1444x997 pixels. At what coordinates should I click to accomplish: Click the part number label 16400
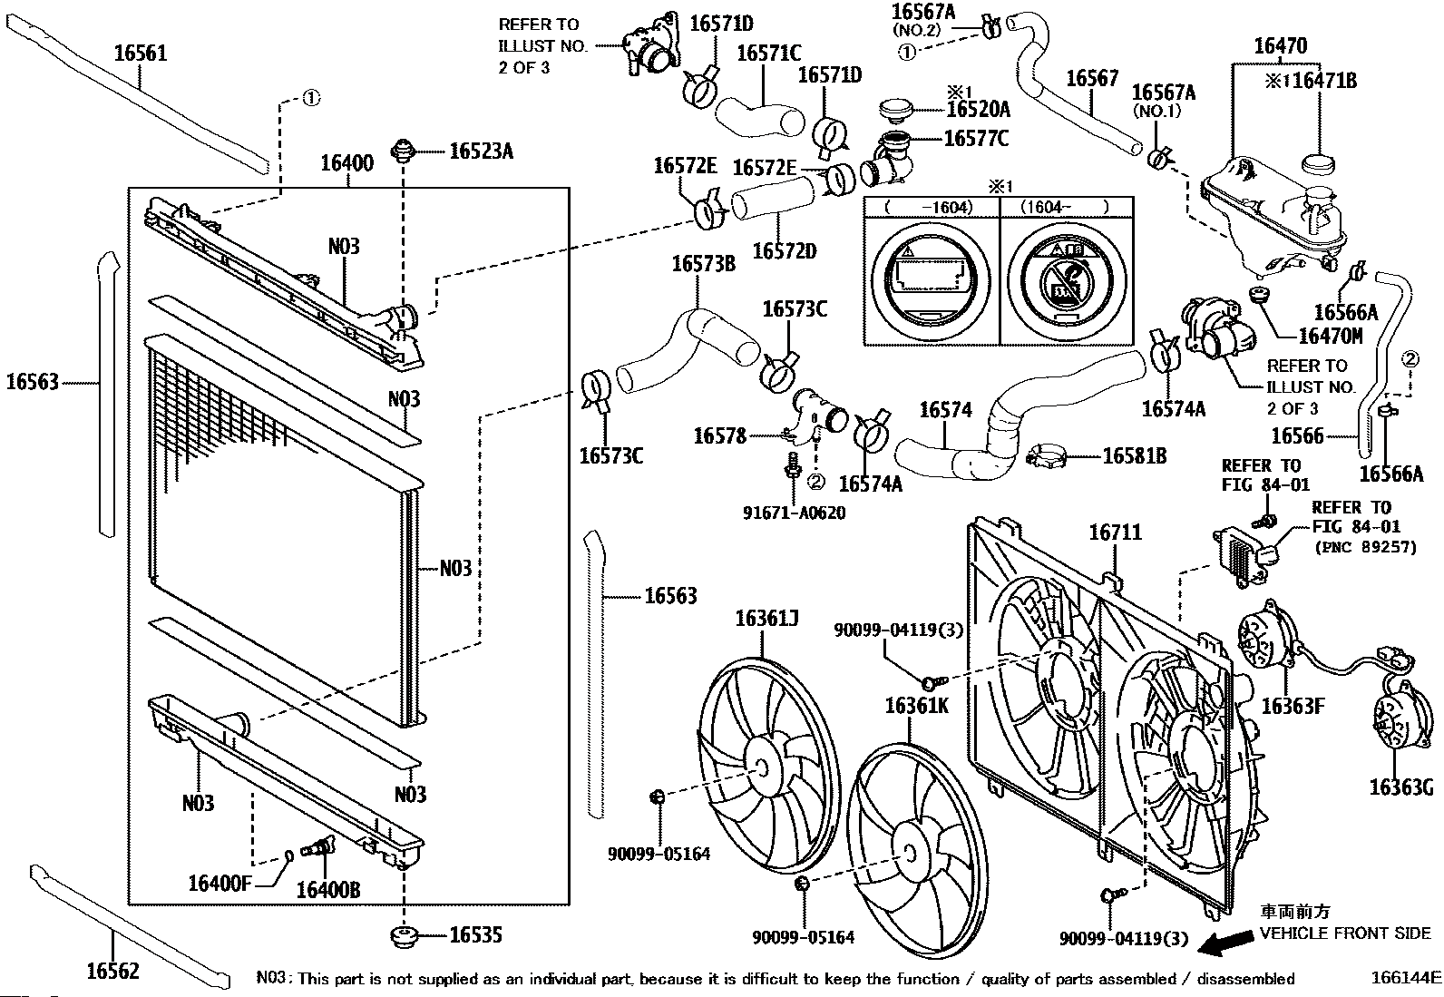click(x=346, y=164)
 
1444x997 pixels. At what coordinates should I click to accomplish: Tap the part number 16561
click(x=141, y=54)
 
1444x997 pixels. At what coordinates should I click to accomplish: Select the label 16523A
click(x=481, y=152)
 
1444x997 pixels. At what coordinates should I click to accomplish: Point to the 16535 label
click(x=475, y=935)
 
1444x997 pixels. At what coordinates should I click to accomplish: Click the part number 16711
click(x=1115, y=533)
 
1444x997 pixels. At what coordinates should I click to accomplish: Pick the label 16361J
click(x=766, y=619)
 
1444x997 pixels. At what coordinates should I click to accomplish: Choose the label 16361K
click(x=916, y=705)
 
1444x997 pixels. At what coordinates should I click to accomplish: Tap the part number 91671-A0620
click(x=794, y=513)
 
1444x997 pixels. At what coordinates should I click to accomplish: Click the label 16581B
click(x=1134, y=456)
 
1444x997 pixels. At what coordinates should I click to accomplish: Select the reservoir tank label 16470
click(x=1280, y=45)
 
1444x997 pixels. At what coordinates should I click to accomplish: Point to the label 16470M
click(x=1331, y=337)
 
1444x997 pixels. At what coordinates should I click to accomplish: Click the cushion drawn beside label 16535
click(x=404, y=935)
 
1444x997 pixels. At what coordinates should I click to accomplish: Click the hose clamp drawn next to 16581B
click(x=1049, y=455)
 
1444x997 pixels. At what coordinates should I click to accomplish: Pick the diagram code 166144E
click(x=1405, y=978)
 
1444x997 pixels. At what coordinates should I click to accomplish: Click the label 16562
click(x=113, y=971)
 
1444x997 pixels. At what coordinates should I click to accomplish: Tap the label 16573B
click(x=703, y=264)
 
